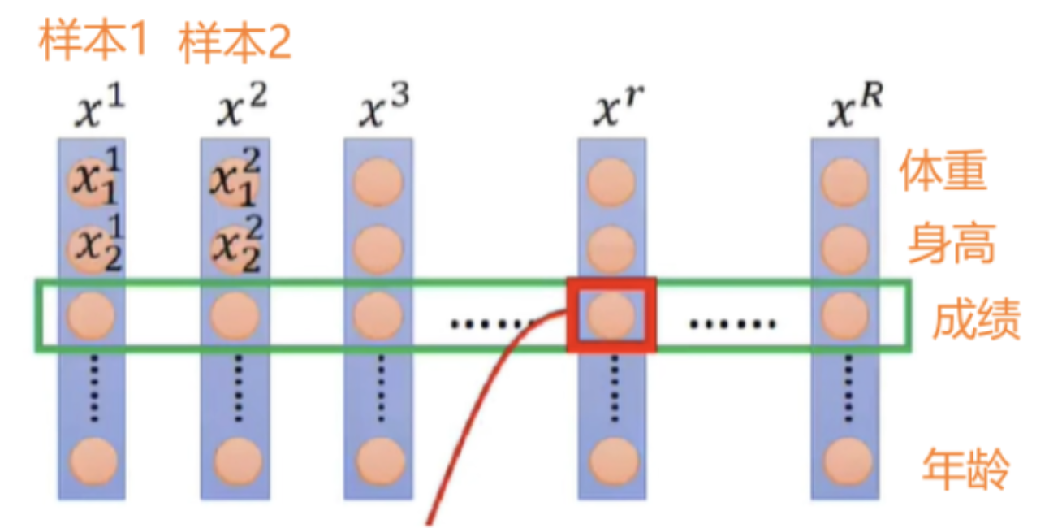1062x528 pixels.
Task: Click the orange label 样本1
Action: [93, 42]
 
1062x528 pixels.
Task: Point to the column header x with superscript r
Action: [612, 110]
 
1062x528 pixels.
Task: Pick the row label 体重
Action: [943, 172]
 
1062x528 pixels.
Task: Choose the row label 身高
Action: [951, 244]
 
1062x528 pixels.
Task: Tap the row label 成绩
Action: [975, 318]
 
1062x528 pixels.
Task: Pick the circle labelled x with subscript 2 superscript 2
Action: [235, 247]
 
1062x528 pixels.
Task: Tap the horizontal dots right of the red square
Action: [732, 323]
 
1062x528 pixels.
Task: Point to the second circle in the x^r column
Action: [611, 247]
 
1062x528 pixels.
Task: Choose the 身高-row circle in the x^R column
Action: [844, 247]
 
